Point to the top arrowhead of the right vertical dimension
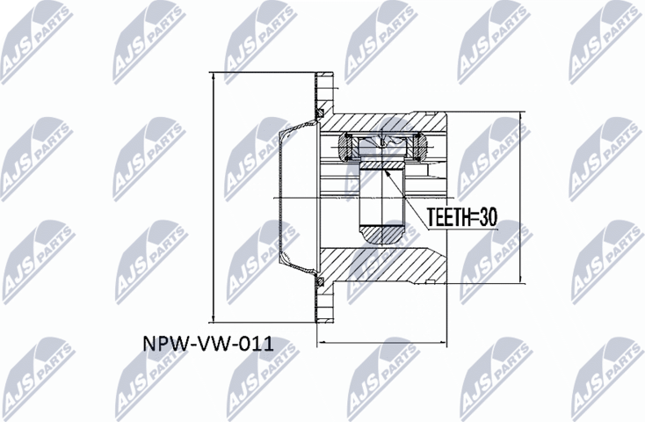[519, 114]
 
